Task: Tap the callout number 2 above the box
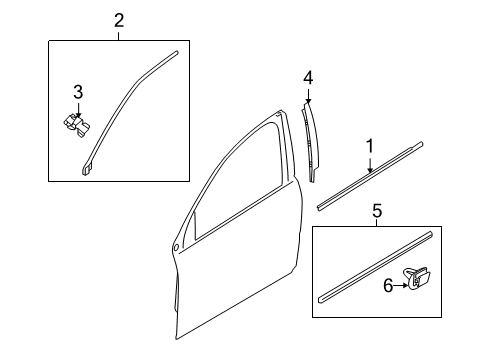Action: [x=119, y=20]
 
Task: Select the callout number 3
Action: [x=77, y=92]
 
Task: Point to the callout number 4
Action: [x=309, y=77]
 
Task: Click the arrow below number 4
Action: [x=309, y=97]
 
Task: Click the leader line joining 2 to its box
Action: [x=119, y=33]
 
